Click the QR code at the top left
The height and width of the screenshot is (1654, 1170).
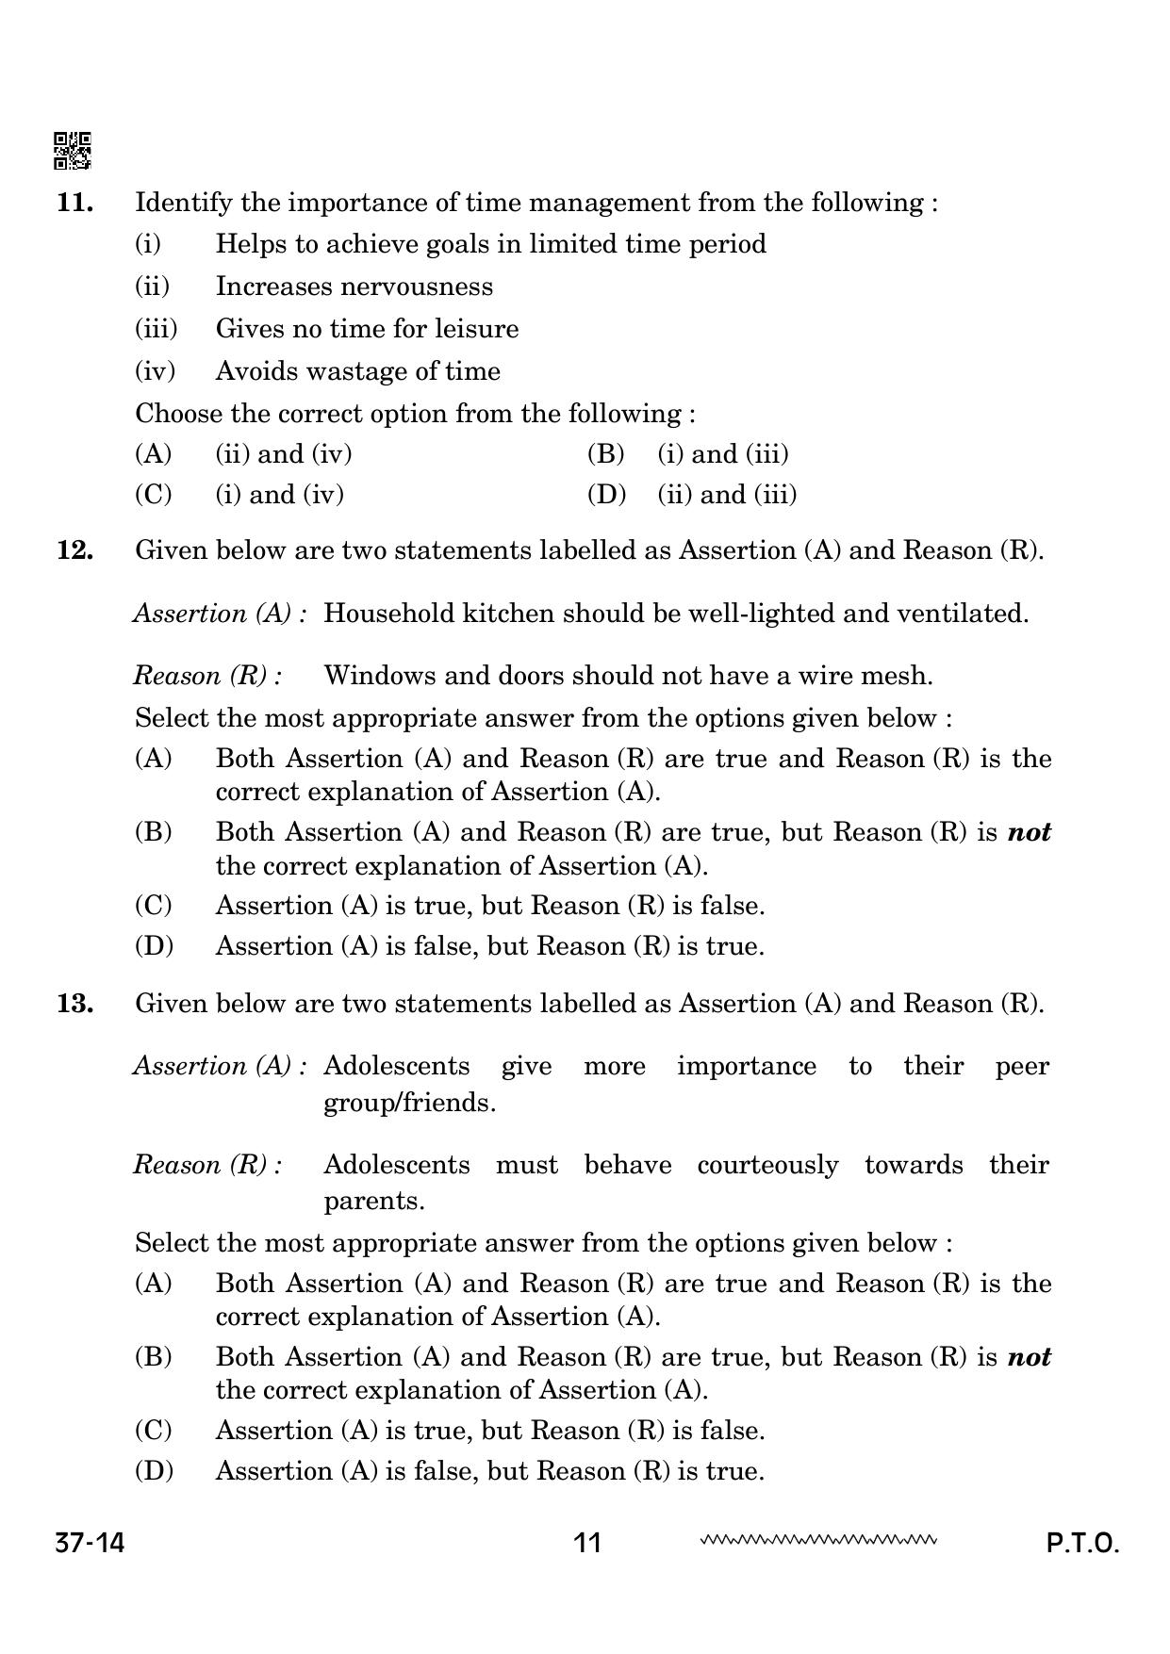tap(72, 150)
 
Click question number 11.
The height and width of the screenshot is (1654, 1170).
tap(74, 203)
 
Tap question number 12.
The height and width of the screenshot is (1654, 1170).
tap(74, 550)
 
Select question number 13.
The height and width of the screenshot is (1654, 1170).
tap(74, 1003)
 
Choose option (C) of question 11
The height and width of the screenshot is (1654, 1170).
tap(154, 495)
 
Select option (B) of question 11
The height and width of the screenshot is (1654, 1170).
tap(605, 454)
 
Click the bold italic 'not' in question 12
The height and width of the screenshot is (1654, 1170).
tap(1029, 832)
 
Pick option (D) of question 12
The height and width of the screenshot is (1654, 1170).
tap(154, 946)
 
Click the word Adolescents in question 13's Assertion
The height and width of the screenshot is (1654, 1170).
tap(396, 1066)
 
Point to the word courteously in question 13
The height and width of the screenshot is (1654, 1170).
tap(767, 1165)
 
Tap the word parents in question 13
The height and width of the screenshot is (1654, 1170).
tap(371, 1202)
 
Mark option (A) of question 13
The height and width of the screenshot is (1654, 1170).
tap(154, 1284)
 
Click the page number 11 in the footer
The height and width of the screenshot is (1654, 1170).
tap(586, 1543)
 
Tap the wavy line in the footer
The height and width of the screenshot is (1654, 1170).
tap(817, 1541)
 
